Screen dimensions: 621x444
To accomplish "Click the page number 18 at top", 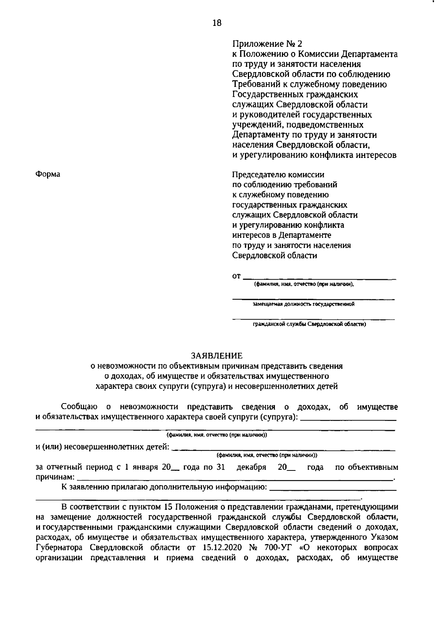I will [x=217, y=23].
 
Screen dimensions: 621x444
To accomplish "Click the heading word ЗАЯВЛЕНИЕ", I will [x=216, y=356].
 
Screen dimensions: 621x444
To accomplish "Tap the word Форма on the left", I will [x=48, y=174].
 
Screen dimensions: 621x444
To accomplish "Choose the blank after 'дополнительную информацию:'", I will [x=333, y=489].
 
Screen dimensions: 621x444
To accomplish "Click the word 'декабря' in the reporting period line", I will [x=251, y=468].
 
